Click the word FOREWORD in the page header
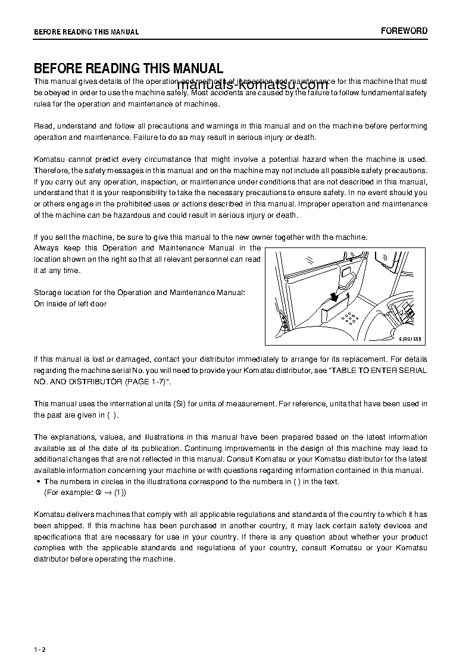click(x=404, y=31)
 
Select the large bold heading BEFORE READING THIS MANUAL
click(x=128, y=68)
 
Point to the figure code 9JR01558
click(x=411, y=338)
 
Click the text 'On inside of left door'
click(x=70, y=304)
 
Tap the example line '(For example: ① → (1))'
click(x=85, y=493)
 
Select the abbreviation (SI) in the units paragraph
click(x=180, y=404)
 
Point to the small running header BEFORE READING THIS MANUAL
click(x=86, y=32)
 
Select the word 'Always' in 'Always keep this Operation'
click(x=46, y=248)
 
